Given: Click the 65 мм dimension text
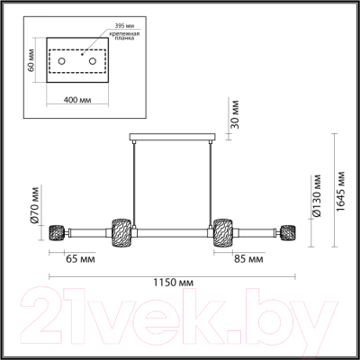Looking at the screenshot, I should pos(81,259).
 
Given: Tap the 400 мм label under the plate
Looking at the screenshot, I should pos(76,97).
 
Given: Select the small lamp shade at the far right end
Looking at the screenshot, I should pos(291,230).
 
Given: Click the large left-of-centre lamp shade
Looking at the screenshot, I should pos(120,230).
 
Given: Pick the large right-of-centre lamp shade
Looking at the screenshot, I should pos(223,230).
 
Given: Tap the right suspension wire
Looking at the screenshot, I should pos(206,180).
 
